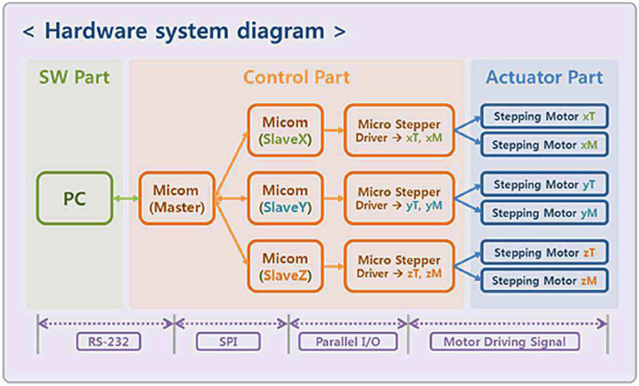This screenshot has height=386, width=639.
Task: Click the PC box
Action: click(75, 198)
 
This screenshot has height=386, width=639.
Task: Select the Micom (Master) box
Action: click(177, 198)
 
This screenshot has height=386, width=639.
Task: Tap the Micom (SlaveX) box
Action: click(285, 130)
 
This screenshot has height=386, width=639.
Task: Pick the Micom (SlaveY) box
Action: click(285, 198)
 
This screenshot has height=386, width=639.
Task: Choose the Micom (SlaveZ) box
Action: click(285, 266)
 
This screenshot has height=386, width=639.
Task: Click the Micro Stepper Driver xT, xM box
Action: click(399, 130)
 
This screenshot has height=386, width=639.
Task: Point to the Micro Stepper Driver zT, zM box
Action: click(399, 266)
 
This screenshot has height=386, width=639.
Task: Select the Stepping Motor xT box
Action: click(544, 116)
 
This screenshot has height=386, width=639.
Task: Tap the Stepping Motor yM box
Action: click(544, 213)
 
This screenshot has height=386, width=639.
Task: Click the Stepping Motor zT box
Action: click(544, 252)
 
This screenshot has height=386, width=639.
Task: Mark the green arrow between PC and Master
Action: click(126, 199)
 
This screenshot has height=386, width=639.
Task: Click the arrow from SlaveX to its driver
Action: click(334, 130)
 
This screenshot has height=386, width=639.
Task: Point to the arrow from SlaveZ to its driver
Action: click(334, 266)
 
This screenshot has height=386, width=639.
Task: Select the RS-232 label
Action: click(109, 341)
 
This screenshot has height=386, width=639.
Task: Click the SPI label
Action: click(228, 341)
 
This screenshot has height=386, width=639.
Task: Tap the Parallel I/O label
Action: click(348, 341)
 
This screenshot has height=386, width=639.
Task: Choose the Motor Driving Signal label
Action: click(504, 341)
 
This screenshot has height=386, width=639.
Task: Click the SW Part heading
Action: click(74, 77)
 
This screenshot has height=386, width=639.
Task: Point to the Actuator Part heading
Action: click(544, 77)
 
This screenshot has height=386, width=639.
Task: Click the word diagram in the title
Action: click(280, 32)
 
